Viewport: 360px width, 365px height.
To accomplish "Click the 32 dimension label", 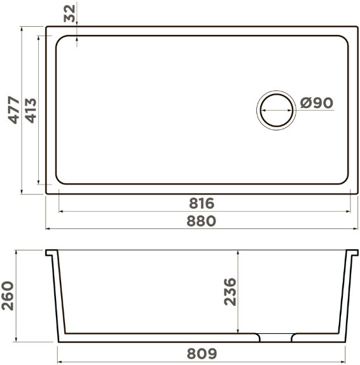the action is (69, 13).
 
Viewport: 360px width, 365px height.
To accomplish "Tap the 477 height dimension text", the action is (14, 109).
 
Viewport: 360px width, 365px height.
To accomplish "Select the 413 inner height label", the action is (31, 111).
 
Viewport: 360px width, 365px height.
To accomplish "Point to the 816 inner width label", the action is (202, 203).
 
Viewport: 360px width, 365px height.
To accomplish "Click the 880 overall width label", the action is (202, 221).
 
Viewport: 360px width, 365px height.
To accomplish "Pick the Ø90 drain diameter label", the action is (317, 102).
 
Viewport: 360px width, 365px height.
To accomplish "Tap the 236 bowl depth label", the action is (230, 291).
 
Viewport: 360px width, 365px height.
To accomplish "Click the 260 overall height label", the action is (8, 296).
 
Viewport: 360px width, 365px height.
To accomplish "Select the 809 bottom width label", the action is (202, 354).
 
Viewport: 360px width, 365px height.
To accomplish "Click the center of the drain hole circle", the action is (277, 111).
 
